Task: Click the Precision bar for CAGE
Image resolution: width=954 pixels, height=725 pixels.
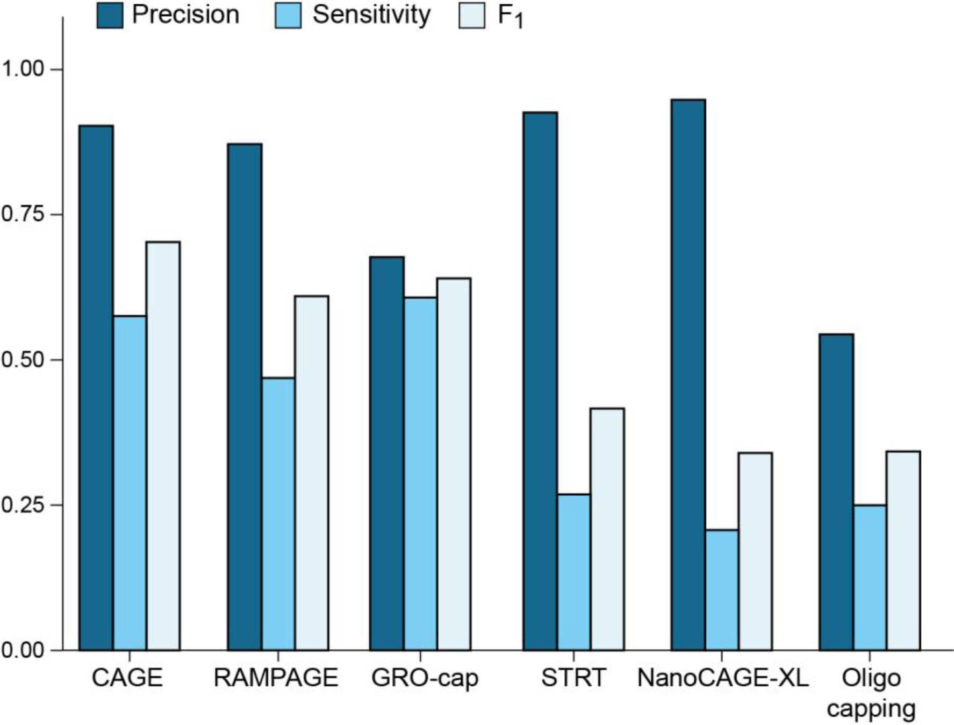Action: pos(96,387)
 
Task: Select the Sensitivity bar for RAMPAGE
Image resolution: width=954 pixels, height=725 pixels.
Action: pos(278,514)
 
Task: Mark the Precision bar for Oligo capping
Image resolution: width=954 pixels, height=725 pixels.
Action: pos(836,492)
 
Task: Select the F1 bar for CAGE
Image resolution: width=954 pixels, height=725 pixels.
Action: pos(163,446)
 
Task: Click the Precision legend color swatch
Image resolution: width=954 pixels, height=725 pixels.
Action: pos(110,15)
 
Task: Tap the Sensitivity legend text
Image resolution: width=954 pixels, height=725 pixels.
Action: pos(371,15)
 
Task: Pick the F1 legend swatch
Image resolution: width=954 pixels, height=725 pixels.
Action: pos(472,15)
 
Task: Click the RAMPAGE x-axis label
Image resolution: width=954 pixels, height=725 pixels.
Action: pos(276,678)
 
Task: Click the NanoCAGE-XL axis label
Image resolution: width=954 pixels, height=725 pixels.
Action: pos(722,678)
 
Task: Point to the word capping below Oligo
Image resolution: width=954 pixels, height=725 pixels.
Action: pos(871,709)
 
